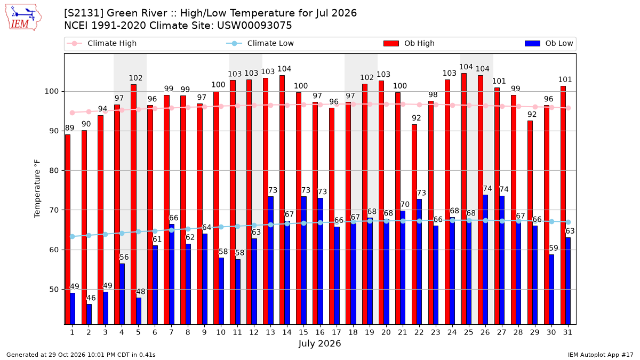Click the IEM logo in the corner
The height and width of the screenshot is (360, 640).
23,18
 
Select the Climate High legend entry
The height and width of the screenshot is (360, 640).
101,43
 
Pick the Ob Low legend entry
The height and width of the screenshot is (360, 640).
549,43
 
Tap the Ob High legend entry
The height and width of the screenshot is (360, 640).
409,43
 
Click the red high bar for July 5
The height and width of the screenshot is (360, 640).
133,204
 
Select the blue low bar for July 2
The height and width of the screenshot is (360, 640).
89,314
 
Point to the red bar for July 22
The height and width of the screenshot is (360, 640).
414,225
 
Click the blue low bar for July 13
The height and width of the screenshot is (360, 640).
270,260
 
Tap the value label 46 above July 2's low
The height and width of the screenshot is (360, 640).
91,298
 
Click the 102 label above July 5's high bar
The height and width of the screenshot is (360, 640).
135,78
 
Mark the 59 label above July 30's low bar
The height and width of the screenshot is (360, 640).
554,248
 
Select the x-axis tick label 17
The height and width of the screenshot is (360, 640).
337,333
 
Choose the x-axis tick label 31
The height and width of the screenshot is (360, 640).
567,333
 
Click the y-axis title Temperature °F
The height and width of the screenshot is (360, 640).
37,189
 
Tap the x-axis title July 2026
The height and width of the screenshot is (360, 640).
319,343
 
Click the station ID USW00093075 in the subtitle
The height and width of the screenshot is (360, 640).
254,26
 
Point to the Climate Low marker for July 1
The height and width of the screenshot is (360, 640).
73,237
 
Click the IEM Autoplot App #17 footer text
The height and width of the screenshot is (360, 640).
601,355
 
